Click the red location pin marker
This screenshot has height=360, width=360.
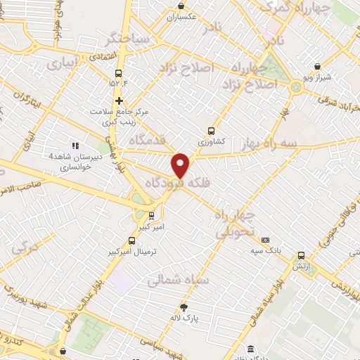click(181, 165)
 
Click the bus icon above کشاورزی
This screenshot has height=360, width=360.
click(212, 130)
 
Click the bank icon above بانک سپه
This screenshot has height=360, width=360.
click(264, 240)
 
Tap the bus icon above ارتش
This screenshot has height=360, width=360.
click(301, 255)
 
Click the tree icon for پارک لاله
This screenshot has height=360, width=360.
click(184, 307)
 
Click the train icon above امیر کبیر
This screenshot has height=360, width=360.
click(153, 216)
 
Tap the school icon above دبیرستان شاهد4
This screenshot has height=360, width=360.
click(76, 145)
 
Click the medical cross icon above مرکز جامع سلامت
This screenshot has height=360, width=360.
click(119, 101)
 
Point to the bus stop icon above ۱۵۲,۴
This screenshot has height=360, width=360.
click(119, 73)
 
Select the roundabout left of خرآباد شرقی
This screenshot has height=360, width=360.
click(295, 87)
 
